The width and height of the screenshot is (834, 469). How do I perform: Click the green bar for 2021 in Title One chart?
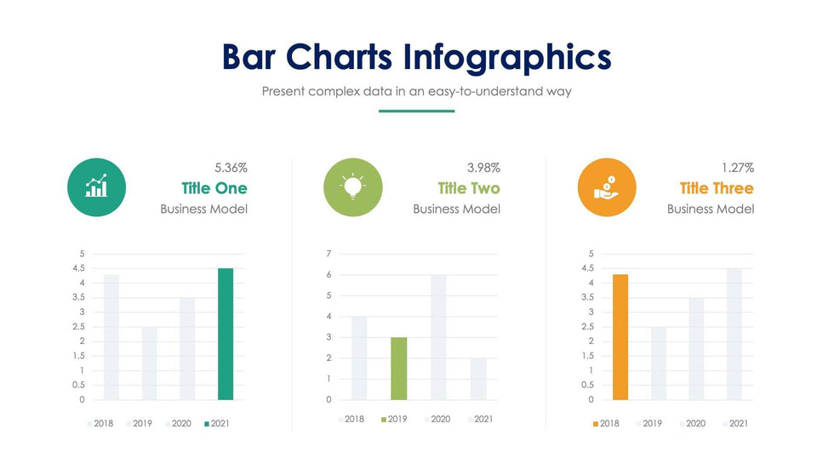click(226, 334)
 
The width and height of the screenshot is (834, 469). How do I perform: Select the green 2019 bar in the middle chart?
click(398, 369)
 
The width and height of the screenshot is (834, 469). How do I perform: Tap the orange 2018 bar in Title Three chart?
click(620, 337)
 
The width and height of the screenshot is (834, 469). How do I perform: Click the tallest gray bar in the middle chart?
click(438, 337)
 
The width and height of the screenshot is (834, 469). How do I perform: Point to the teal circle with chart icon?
click(96, 187)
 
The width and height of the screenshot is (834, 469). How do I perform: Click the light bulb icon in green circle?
click(353, 187)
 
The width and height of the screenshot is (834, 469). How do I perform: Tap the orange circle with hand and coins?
click(607, 187)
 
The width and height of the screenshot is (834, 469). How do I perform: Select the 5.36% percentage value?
click(231, 168)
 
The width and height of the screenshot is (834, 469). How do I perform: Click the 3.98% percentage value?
click(483, 168)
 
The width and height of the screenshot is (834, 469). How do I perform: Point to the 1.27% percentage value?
click(737, 168)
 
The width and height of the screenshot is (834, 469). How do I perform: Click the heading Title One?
click(214, 188)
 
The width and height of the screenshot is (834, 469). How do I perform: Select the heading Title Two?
click(469, 188)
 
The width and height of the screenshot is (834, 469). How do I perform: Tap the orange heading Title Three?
click(717, 188)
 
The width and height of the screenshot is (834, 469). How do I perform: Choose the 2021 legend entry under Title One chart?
click(216, 423)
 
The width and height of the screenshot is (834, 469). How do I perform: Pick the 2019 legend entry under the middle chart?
click(393, 419)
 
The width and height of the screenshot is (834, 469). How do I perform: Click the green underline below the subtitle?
click(416, 111)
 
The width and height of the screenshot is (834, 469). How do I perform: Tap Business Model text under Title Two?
click(456, 209)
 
